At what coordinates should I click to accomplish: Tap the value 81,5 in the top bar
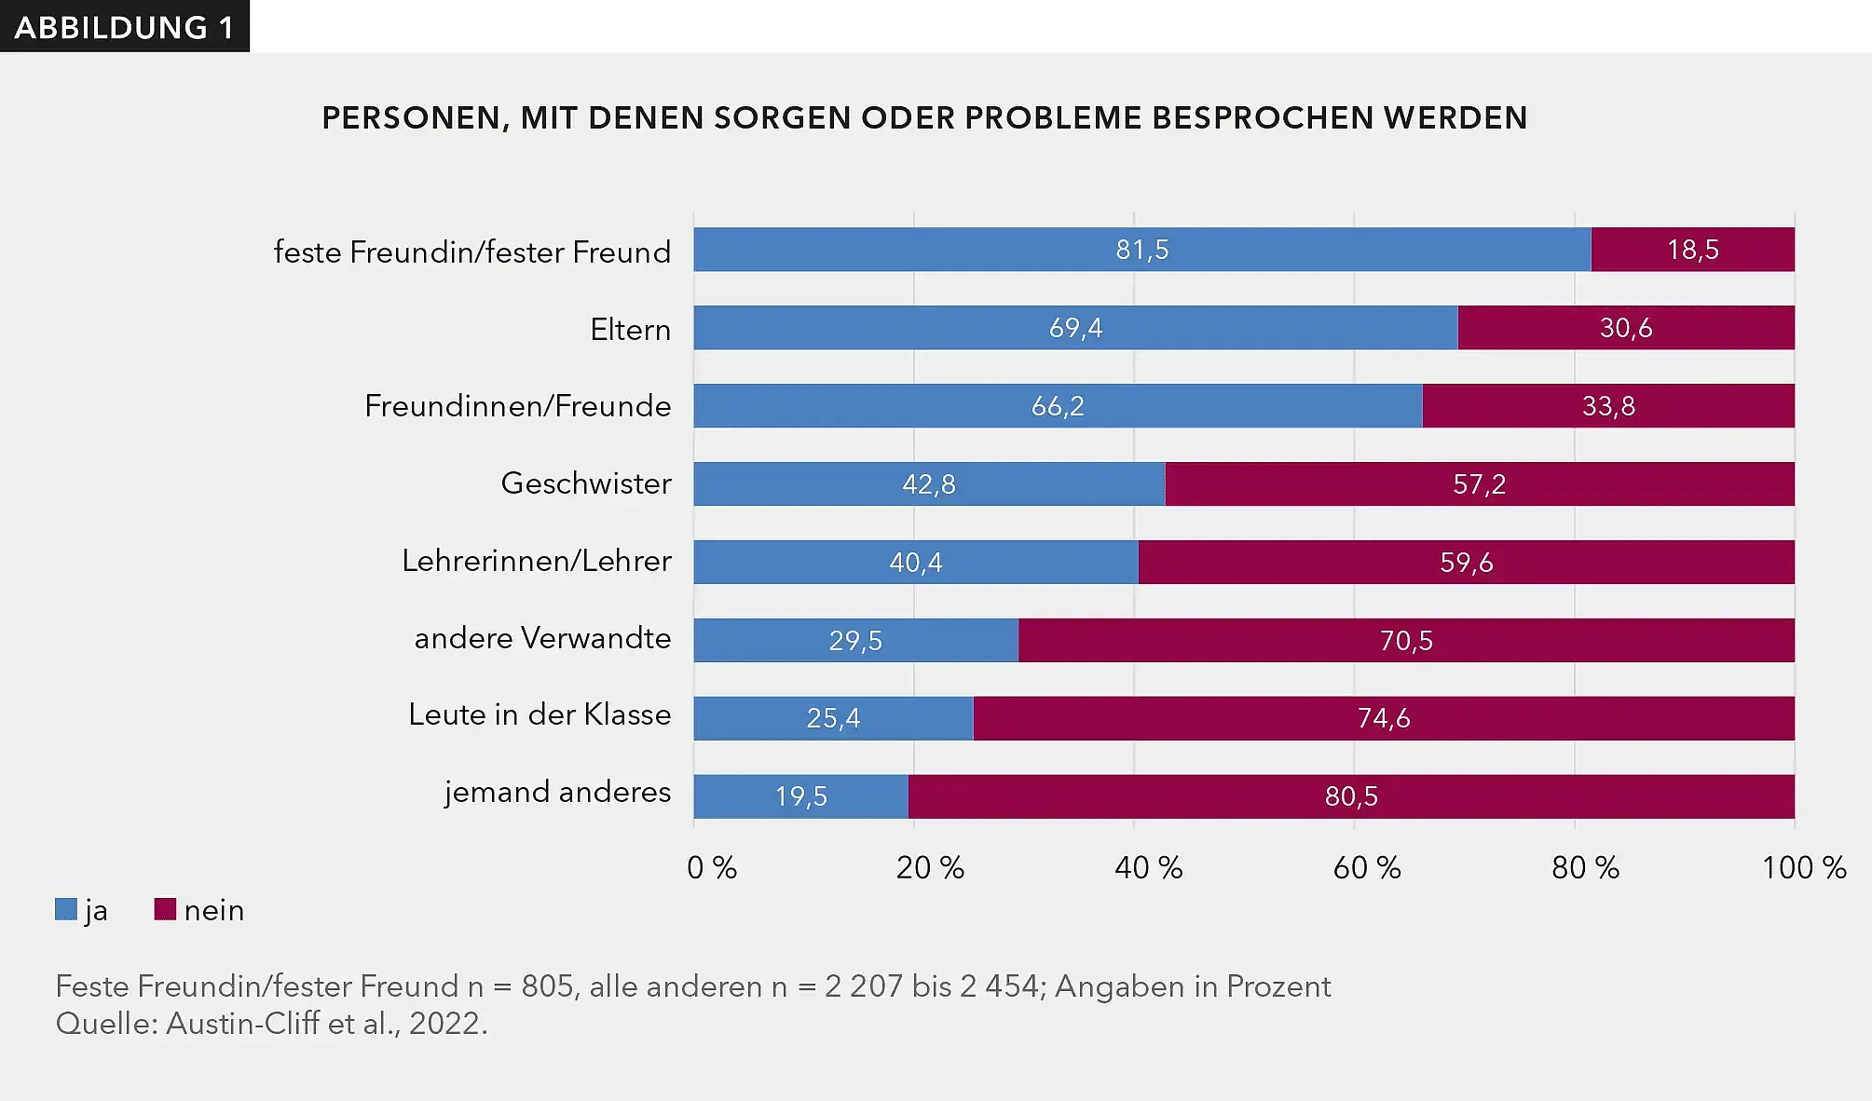coord(1141,250)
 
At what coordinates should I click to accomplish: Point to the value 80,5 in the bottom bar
coord(1350,796)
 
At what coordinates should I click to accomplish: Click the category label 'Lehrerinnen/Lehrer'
coord(536,561)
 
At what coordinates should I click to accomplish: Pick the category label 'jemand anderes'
coord(557,792)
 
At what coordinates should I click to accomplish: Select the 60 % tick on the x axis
coord(1366,868)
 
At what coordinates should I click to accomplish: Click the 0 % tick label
coord(711,868)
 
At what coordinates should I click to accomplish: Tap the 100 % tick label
coord(1803,868)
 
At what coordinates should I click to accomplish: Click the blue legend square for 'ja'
coord(66,909)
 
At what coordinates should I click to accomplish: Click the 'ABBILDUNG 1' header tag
coord(124,27)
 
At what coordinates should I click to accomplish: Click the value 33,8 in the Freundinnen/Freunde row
coord(1608,406)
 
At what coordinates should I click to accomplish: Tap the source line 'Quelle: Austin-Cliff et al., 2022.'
coord(271,1024)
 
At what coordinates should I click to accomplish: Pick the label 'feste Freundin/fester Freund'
coord(471,252)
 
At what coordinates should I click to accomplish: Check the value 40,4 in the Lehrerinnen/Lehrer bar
coord(915,563)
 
